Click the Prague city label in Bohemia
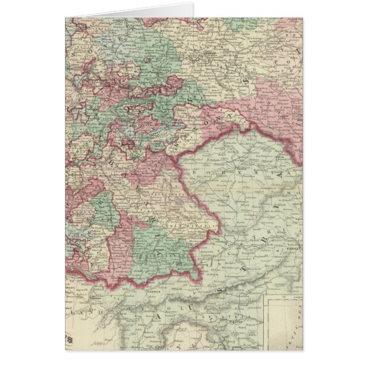226,167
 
